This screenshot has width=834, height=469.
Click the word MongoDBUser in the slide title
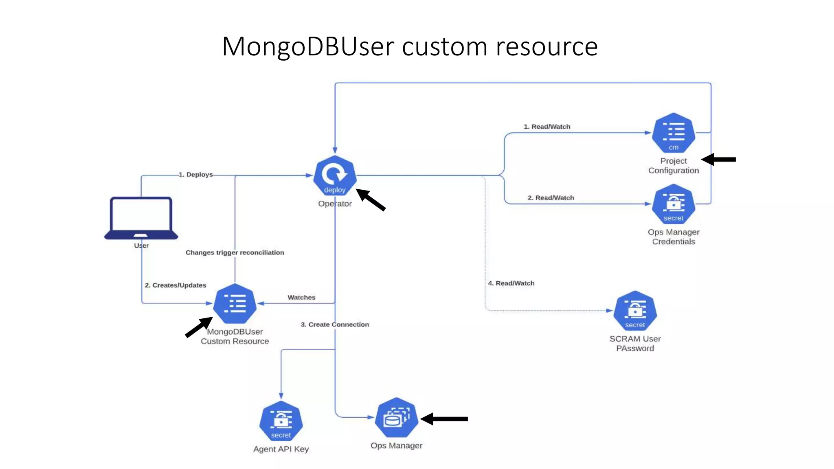[x=308, y=47]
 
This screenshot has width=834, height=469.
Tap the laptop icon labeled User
[x=141, y=218]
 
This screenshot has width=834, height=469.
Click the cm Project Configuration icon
[x=674, y=133]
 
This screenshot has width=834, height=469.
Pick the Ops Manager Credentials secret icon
[x=674, y=204]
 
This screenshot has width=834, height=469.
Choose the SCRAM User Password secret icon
[x=635, y=311]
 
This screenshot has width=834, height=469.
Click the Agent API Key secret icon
[x=281, y=421]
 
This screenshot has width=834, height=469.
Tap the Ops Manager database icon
[x=396, y=418]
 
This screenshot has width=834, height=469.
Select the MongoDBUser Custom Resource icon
[x=235, y=304]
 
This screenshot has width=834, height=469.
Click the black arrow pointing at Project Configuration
[x=719, y=159]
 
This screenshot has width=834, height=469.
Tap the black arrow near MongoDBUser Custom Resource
[x=199, y=327]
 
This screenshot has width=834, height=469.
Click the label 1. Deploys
[x=196, y=175]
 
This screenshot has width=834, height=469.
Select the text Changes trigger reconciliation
[x=235, y=252]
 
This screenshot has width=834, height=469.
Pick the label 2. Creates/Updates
[x=176, y=285]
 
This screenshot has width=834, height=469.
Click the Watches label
[x=301, y=297]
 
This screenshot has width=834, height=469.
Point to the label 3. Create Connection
[x=335, y=324]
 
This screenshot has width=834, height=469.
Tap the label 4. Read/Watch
[x=511, y=283]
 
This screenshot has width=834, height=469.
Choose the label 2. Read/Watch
[x=551, y=197]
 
